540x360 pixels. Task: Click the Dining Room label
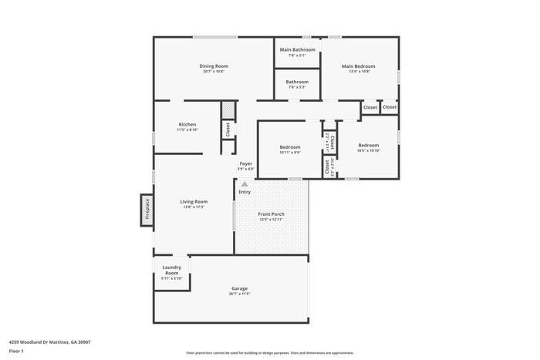214,66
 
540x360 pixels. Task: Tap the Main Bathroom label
297,50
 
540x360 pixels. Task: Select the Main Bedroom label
359,66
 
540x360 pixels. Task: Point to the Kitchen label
187,124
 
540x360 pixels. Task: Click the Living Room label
194,201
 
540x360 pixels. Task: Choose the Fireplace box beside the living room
146,208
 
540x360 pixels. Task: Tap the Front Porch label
272,214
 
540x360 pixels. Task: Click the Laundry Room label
171,271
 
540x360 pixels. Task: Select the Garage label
239,288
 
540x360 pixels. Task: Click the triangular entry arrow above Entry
245,184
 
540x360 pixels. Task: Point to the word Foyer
245,163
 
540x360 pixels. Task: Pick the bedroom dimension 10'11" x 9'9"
289,152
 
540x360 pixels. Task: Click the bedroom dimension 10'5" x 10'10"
368,151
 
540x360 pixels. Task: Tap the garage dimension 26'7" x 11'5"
239,294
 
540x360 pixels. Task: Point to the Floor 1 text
16,351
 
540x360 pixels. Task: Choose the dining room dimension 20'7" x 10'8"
214,72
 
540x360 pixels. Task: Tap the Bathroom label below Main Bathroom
297,82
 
